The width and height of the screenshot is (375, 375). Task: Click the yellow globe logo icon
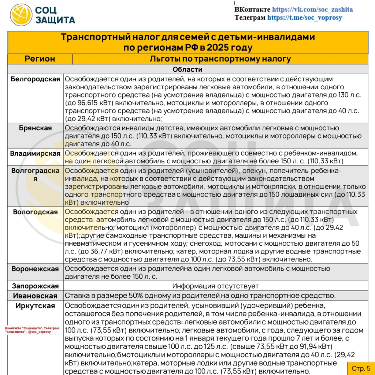[x=21, y=15]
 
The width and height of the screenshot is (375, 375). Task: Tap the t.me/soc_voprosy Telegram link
[x=305, y=18]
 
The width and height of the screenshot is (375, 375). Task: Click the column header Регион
[x=40, y=59]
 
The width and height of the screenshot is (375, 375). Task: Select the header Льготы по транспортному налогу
[x=220, y=59]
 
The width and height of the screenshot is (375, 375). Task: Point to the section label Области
[x=187, y=70]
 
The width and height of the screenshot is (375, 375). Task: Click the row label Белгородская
[x=36, y=79]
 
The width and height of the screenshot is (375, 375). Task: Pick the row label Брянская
[x=36, y=128]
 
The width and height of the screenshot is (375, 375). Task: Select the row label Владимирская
[x=36, y=153]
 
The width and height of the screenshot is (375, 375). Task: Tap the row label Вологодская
[x=36, y=212]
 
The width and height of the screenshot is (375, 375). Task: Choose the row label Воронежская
[x=36, y=269]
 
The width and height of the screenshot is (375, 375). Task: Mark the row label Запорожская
[x=36, y=286]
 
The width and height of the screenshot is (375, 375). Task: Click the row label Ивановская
[x=36, y=296]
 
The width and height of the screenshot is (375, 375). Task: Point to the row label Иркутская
[x=36, y=306]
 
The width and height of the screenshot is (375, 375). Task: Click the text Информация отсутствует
[x=215, y=286]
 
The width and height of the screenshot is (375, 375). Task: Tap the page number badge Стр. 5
[x=361, y=368]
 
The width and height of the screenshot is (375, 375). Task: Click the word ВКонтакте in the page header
[x=252, y=10]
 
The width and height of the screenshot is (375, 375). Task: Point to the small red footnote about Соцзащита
[x=32, y=331]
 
